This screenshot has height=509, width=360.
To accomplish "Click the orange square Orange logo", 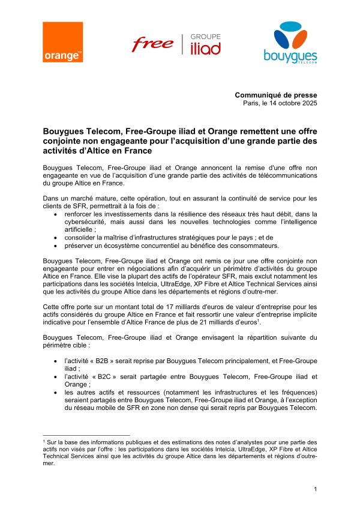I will pos(62,42).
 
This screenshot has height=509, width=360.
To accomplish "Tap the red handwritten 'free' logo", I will pos(152,44).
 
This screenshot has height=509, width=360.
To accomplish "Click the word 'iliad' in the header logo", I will pos(205,49).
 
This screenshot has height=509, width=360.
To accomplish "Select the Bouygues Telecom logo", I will pos(290,42).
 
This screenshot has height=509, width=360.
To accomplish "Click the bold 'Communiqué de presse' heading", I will pos(276,95).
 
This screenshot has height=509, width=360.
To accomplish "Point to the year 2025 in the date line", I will pos(308,103).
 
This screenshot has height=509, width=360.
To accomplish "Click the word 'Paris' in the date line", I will pos(250,103).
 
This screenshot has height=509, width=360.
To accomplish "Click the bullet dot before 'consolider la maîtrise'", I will pos(56,237).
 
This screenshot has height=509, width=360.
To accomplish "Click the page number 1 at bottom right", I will pos(315,490).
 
